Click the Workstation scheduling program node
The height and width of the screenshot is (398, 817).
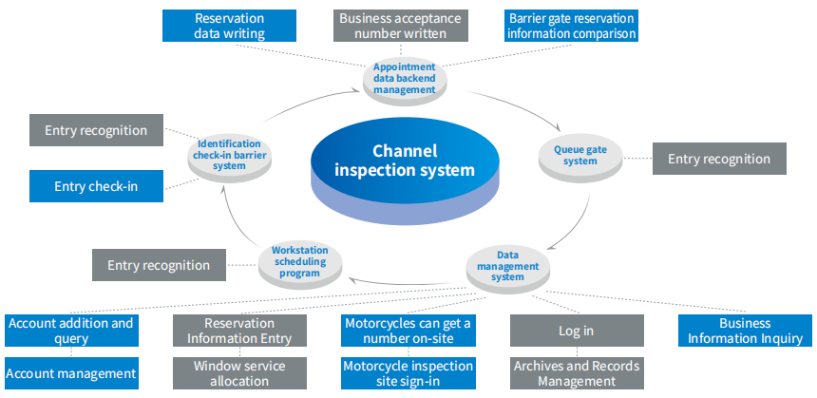pyautogui.click(x=299, y=259)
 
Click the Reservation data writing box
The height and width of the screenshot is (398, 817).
pyautogui.click(x=229, y=27)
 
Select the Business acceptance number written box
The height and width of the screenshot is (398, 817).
pyautogui.click(x=402, y=27)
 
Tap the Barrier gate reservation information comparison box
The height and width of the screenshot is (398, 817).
pyautogui.click(x=571, y=27)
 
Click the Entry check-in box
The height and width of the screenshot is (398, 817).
pyautogui.click(x=96, y=186)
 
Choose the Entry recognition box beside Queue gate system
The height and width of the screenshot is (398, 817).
pyautogui.click(x=719, y=159)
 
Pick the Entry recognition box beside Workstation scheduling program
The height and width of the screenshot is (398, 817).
pyautogui.click(x=159, y=265)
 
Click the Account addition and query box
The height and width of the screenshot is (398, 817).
pyautogui.click(x=71, y=331)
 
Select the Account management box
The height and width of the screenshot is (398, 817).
pyautogui.click(x=71, y=373)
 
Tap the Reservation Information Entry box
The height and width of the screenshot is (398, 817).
pyautogui.click(x=239, y=331)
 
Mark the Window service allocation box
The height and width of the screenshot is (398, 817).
pyautogui.click(x=239, y=373)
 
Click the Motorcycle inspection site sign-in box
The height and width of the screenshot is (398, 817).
pyautogui.click(x=408, y=373)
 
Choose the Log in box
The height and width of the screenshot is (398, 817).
pyautogui.click(x=577, y=331)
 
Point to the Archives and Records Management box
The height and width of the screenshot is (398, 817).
pyautogui.click(x=577, y=373)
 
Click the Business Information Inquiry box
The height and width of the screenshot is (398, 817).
pyautogui.click(x=746, y=331)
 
